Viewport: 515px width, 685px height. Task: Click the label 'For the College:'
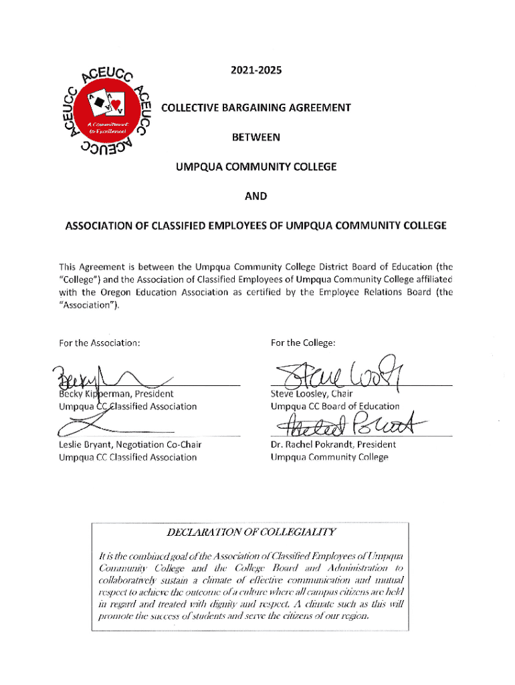(x=302, y=343)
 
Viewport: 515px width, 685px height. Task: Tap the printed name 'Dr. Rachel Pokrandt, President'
(x=333, y=444)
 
